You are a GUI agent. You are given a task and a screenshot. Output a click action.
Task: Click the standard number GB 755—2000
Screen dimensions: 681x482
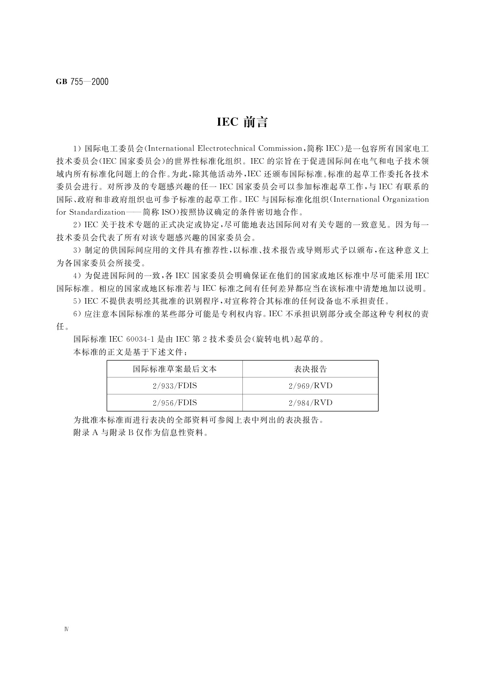tap(82, 82)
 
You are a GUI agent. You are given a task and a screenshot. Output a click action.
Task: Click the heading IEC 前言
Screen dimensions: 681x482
tap(242, 122)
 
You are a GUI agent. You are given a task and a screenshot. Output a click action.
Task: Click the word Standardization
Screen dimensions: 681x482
tap(97, 212)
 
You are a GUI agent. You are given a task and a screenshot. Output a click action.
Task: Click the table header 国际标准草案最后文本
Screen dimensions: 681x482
tap(174, 369)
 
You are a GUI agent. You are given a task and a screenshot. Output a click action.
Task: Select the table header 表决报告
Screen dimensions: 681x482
tap(310, 369)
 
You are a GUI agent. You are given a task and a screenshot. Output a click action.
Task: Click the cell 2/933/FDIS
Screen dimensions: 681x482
tap(174, 386)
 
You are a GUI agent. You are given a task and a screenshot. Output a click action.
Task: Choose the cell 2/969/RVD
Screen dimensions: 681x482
tap(310, 386)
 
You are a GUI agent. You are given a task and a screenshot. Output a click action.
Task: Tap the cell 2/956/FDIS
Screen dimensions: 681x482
tap(174, 403)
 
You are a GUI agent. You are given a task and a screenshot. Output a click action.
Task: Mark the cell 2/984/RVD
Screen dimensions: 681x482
tap(310, 403)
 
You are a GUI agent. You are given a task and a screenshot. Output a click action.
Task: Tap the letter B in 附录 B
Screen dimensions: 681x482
tap(131, 433)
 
